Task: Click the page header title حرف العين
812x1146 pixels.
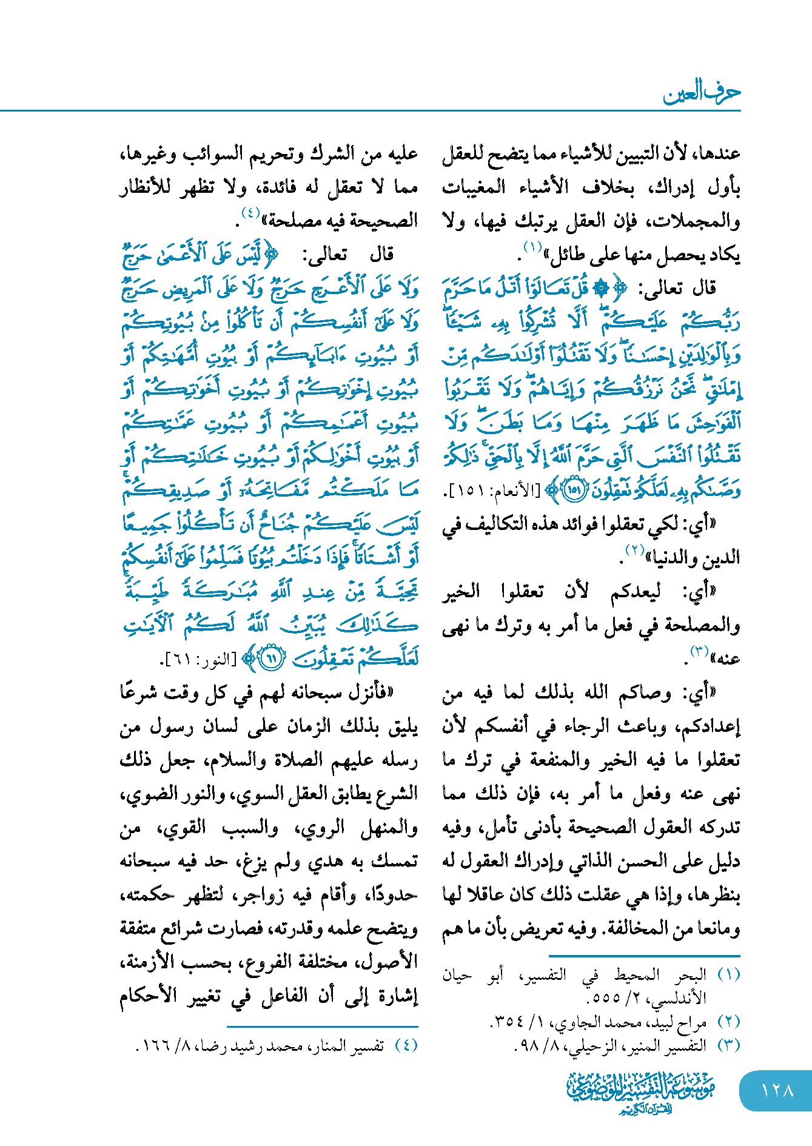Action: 702,92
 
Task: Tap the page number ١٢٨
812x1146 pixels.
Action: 777,1090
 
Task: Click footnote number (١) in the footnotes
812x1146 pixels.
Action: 728,974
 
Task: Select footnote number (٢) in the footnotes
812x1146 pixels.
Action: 728,1022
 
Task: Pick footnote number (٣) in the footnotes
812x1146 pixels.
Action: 728,1045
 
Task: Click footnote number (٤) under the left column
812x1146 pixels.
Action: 406,1045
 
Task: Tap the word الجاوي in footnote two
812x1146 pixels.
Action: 567,1022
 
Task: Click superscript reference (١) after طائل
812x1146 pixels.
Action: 532,247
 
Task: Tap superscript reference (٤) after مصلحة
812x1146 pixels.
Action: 250,213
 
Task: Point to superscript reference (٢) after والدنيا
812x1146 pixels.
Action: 634,550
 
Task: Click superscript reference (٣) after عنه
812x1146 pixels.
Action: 700,652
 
